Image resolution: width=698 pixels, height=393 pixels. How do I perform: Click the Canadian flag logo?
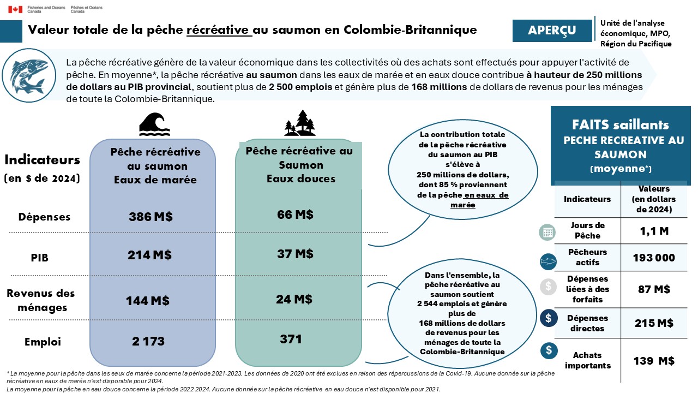(x=15, y=9)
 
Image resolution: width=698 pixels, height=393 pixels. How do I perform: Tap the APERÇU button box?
(x=552, y=31)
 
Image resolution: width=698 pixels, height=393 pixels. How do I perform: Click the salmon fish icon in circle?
(x=23, y=75)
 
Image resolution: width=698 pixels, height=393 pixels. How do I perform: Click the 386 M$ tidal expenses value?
(x=151, y=217)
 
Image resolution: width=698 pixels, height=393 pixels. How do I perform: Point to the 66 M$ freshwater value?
(x=295, y=215)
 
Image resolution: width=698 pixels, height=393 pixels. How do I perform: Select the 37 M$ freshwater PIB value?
(x=295, y=253)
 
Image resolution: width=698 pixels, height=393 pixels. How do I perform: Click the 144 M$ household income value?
(x=148, y=301)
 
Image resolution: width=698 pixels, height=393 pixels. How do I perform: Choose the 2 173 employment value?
(x=148, y=342)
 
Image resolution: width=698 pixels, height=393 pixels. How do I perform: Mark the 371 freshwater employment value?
(x=291, y=339)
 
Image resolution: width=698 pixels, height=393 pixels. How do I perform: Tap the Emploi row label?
(x=43, y=342)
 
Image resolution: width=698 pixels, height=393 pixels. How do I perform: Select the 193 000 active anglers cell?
(x=654, y=258)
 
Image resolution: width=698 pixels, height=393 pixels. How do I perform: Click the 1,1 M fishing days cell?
(x=654, y=231)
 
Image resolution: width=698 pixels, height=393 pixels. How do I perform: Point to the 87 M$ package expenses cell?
(x=654, y=289)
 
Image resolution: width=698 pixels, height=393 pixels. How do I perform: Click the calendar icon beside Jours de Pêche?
(x=547, y=232)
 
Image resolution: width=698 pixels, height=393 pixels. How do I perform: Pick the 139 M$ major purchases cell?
(x=654, y=360)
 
